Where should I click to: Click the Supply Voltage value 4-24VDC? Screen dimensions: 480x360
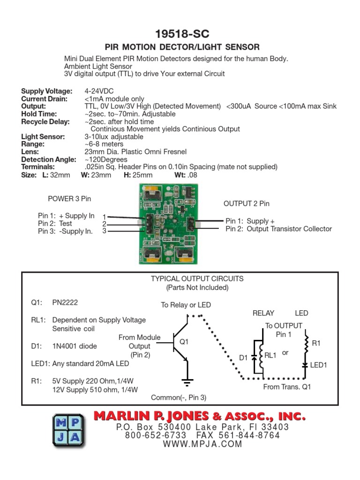click(99, 91)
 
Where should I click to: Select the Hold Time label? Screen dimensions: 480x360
click(39, 114)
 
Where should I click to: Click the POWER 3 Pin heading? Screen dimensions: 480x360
click(69, 198)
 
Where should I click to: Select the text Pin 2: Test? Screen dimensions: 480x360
click(55, 224)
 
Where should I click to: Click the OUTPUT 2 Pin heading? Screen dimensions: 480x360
click(246, 203)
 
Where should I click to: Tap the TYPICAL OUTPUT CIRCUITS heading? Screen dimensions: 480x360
click(197, 278)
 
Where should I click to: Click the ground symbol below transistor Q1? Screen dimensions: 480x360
click(187, 381)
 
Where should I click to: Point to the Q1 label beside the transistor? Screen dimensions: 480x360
click(184, 342)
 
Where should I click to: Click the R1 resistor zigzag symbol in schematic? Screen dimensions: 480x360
click(306, 344)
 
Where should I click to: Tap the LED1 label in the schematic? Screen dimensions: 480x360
click(318, 365)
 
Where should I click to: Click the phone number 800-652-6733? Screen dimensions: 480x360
click(155, 435)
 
